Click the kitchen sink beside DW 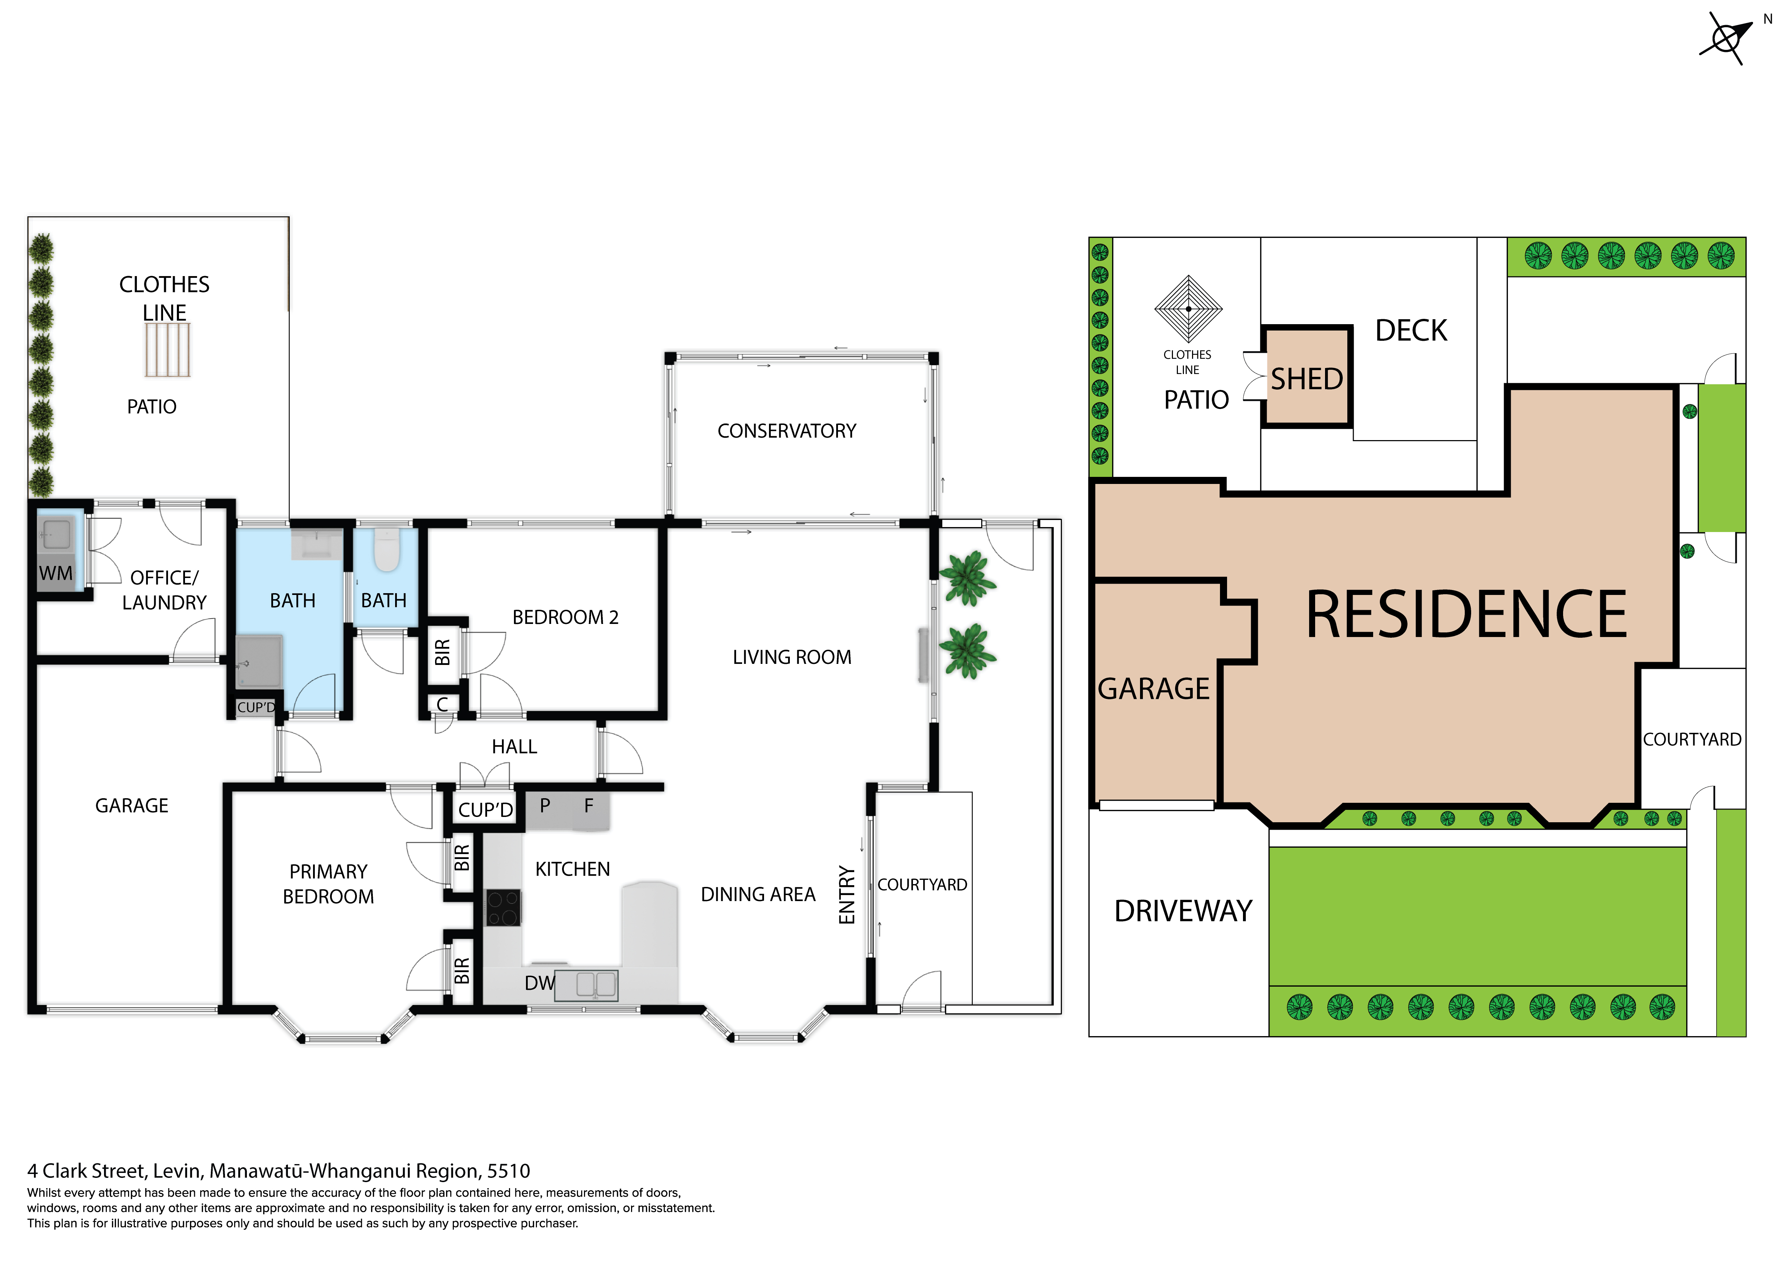coord(596,985)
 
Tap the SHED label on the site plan coord(1307,379)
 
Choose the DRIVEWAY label coord(1183,911)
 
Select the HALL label coord(514,747)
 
